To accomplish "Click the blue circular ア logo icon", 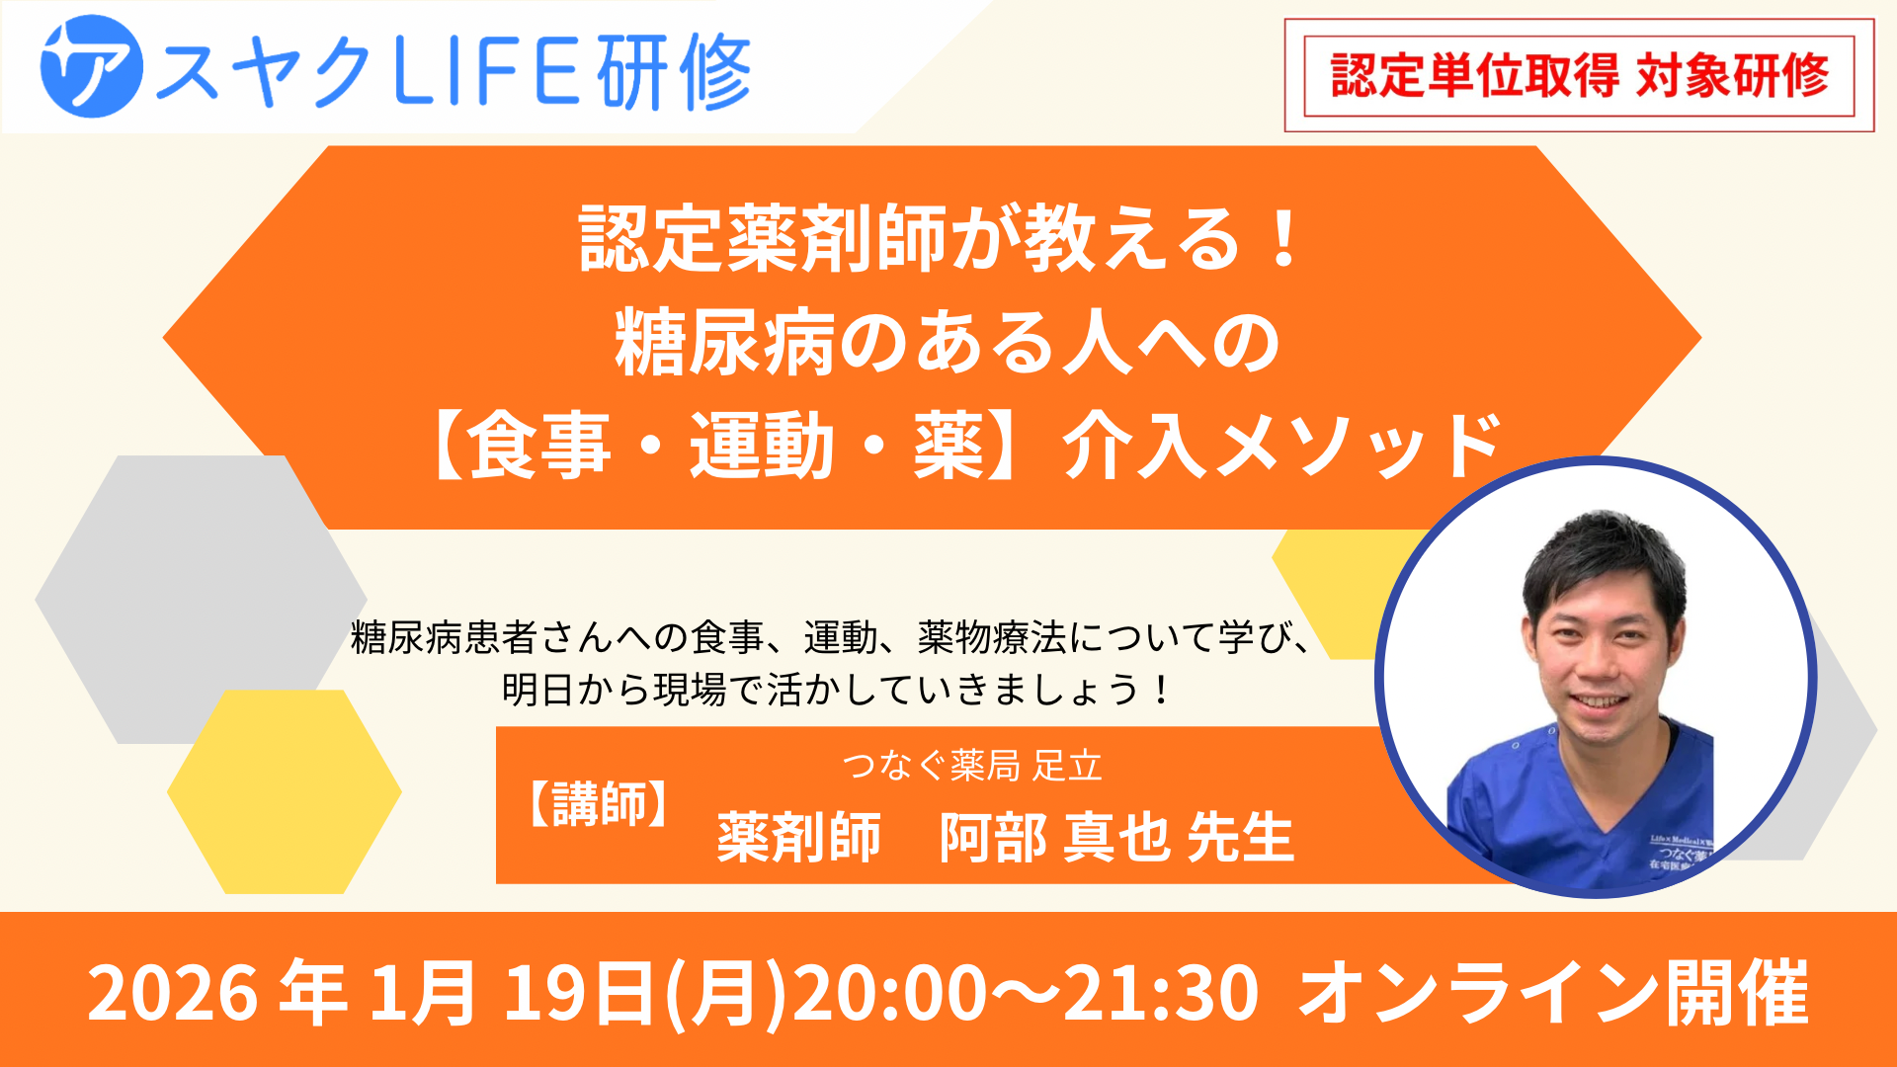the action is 92,67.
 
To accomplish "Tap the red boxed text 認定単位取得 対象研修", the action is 1579,75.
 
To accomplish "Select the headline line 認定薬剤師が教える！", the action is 941,238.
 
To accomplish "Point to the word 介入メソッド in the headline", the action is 1282,447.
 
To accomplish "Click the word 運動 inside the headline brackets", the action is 762,447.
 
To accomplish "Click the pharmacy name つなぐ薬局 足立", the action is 972,766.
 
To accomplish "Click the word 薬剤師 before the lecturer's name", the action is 798,838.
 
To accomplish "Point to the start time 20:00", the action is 889,993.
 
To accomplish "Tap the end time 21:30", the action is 1160,993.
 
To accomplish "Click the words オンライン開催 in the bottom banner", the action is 1554,993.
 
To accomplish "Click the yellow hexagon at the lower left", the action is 285,791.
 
